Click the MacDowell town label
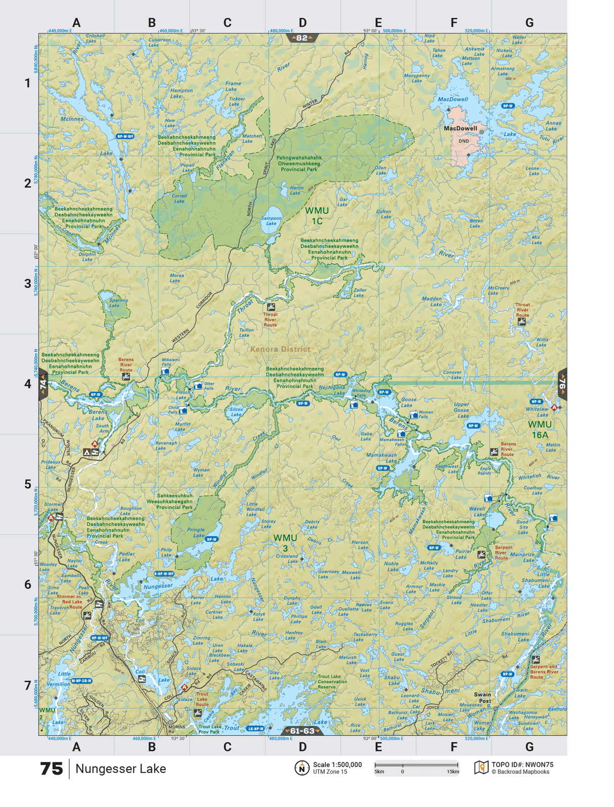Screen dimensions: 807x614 pos(460,128)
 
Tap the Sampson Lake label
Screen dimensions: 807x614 pos(271,221)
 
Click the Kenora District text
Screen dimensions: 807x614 pos(280,349)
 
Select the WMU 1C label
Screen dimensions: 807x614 pos(317,216)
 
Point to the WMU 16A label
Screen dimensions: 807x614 pos(540,429)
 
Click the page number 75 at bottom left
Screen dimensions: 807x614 pos(51,769)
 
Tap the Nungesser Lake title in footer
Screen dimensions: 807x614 pos(120,769)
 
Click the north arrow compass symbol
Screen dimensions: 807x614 pos(301,768)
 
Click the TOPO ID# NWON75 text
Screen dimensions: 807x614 pos(522,765)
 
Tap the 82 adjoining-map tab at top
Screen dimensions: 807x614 pos(302,38)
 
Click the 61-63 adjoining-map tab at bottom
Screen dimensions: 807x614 pos(302,731)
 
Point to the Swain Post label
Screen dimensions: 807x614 pos(483,698)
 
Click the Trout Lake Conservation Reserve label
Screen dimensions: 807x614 pos(332,682)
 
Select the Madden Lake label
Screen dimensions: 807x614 pos(432,302)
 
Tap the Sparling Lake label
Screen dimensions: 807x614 pos(118,303)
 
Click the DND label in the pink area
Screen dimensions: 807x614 pos(463,141)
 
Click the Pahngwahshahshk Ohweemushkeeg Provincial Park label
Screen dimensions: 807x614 pos(299,163)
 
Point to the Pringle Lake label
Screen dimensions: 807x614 pos(196,532)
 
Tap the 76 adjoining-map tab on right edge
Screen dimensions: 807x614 pos(562,384)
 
